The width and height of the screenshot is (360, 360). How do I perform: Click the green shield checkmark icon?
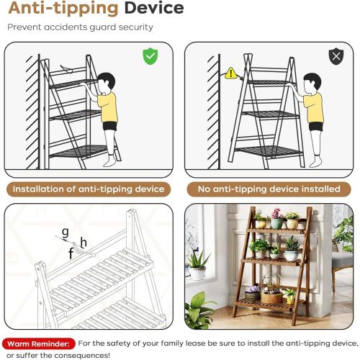click(150, 57)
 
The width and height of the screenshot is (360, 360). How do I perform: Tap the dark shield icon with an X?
click(336, 57)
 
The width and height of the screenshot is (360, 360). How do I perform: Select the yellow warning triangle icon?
click(230, 73)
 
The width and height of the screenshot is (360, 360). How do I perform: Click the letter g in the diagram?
click(65, 232)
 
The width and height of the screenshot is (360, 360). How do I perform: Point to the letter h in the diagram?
click(84, 243)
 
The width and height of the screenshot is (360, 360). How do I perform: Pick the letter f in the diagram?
click(71, 253)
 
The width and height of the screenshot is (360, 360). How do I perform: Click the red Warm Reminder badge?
click(39, 344)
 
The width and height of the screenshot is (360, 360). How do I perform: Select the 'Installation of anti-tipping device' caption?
click(89, 189)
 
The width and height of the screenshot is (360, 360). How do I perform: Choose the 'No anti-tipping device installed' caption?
click(269, 189)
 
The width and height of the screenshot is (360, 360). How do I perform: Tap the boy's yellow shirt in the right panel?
click(314, 108)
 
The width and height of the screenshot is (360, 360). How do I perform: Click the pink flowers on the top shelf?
click(276, 213)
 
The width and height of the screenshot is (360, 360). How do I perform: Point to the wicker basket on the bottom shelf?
click(272, 295)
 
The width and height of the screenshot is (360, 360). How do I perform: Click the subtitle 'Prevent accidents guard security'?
click(80, 27)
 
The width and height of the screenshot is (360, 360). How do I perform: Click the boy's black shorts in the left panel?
click(109, 127)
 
